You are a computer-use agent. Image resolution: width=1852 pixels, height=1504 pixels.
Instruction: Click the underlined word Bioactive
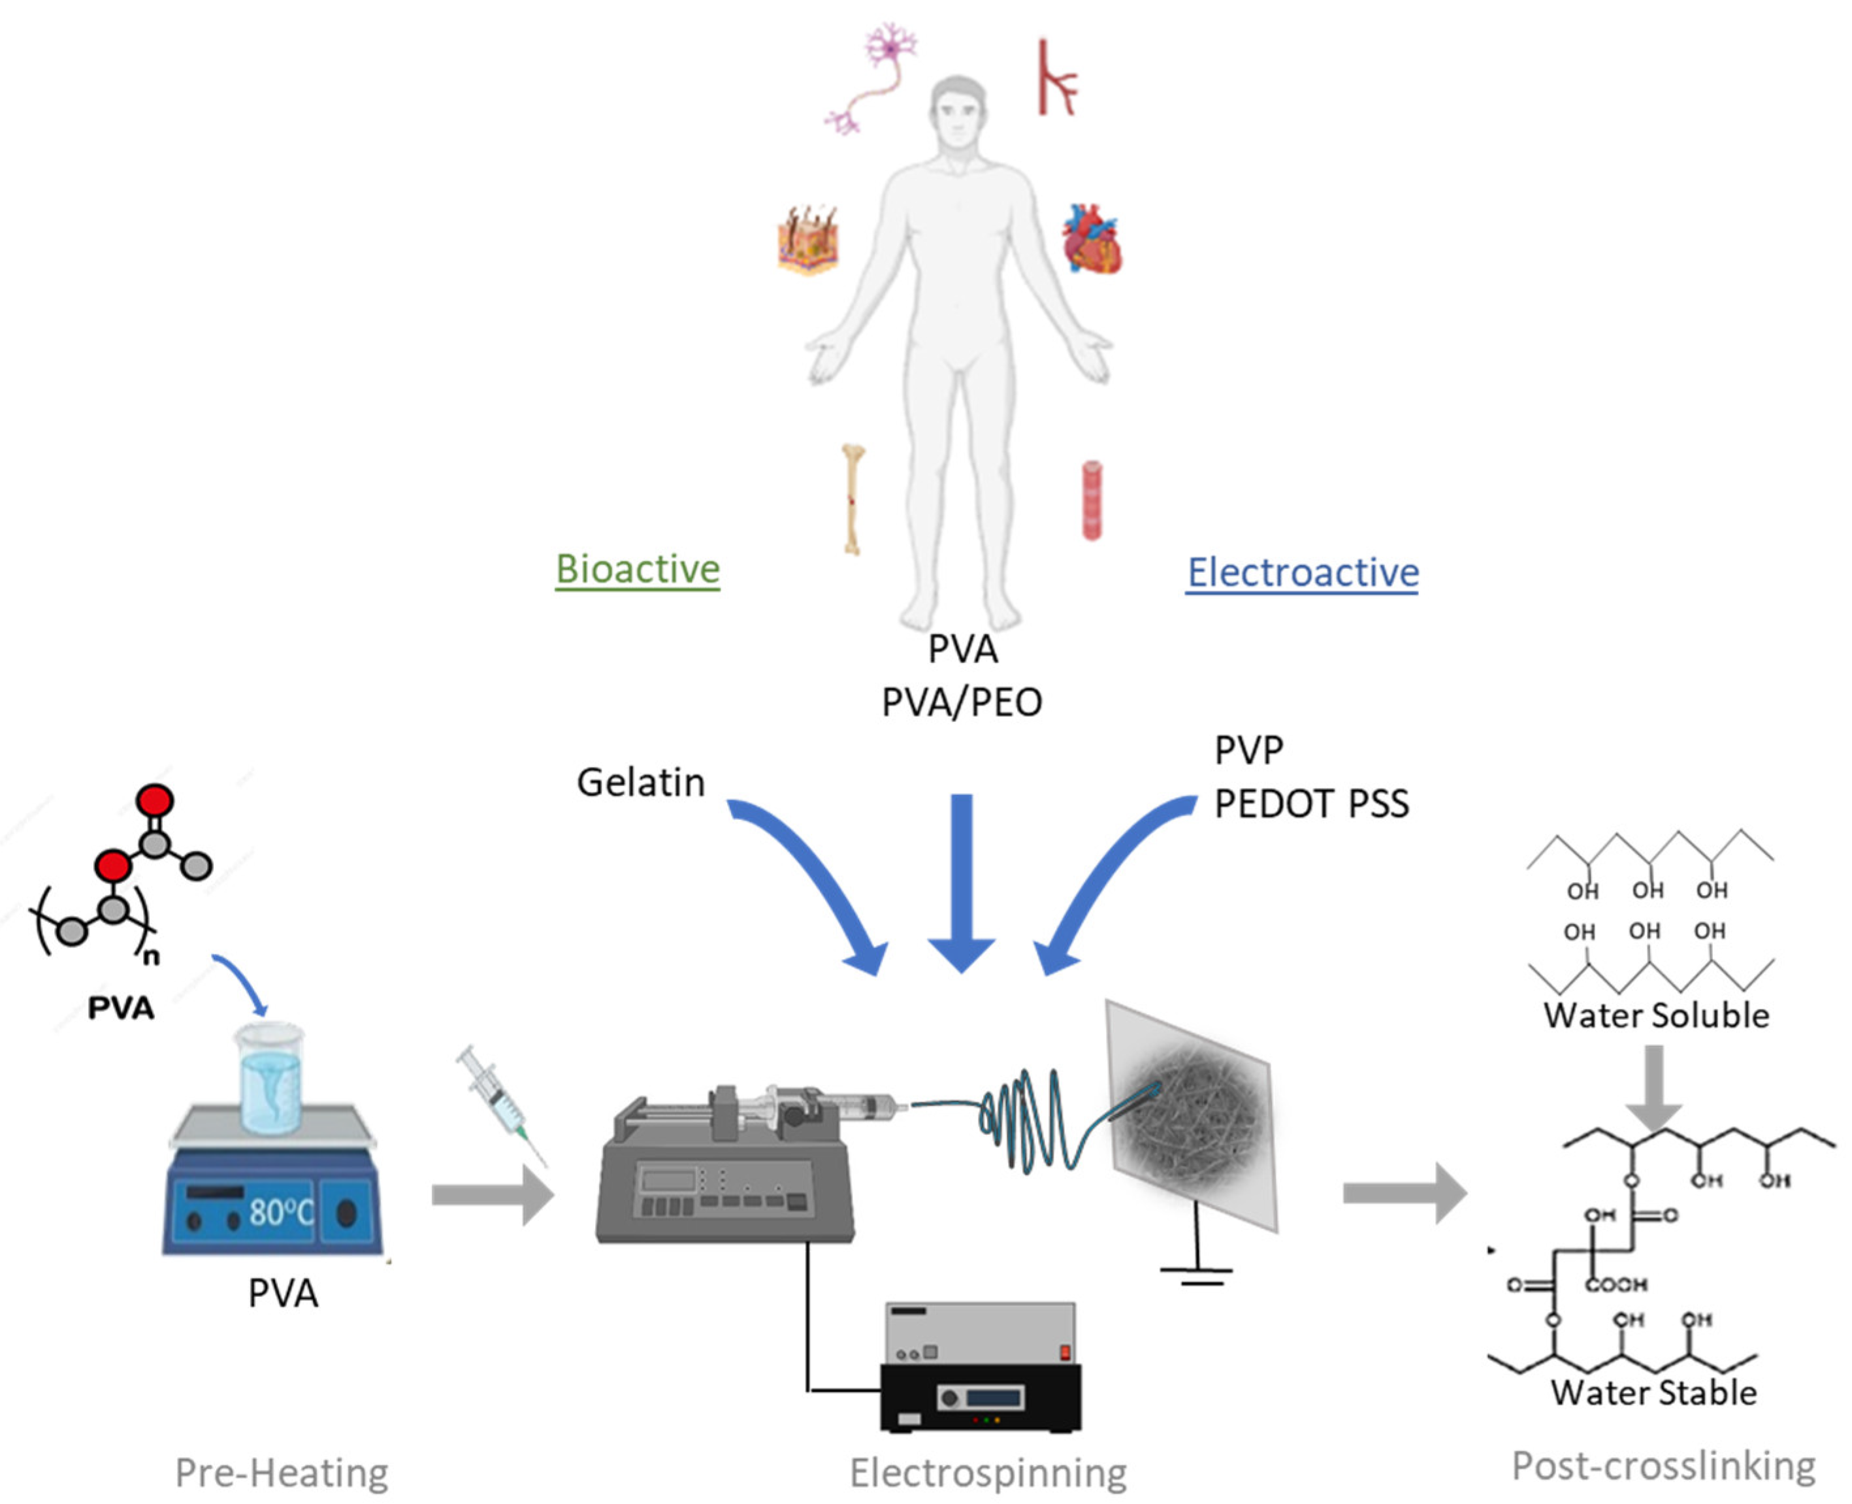(x=638, y=569)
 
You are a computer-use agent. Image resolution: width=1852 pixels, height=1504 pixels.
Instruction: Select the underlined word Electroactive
(x=1302, y=573)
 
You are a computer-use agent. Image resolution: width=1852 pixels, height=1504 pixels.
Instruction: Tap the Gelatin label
(x=641, y=782)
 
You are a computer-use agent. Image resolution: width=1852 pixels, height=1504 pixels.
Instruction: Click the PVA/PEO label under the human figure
(x=962, y=702)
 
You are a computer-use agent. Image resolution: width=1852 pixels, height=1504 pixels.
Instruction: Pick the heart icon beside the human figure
(x=1092, y=239)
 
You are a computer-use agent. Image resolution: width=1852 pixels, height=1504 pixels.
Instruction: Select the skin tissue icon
(x=807, y=240)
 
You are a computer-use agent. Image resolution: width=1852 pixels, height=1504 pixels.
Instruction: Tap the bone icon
(x=853, y=499)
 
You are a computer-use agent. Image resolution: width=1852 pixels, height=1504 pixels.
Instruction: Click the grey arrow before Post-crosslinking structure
(x=1405, y=1193)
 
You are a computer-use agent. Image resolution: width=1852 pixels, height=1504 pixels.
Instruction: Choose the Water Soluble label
(x=1656, y=1015)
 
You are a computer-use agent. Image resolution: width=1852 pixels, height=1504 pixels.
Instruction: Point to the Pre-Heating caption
(x=282, y=1472)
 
